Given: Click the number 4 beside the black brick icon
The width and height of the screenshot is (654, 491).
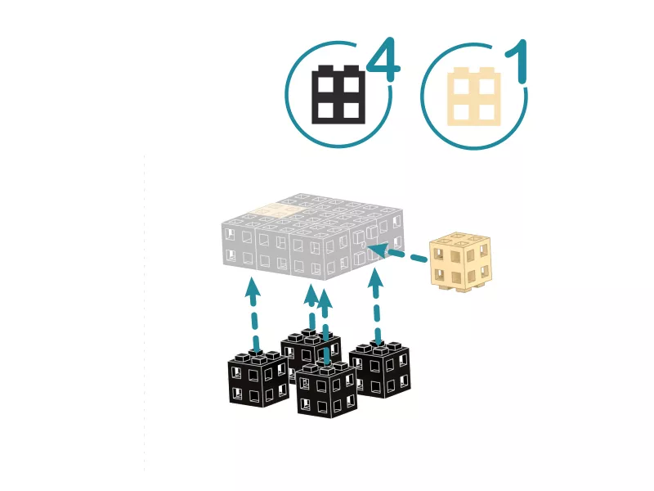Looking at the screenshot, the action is [x=383, y=59].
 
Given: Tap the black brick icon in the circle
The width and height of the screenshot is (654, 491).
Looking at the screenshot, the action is [x=338, y=94].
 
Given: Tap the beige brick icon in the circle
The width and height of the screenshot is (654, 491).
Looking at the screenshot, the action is [x=474, y=96].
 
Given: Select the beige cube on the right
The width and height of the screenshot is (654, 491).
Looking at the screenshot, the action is [x=460, y=262].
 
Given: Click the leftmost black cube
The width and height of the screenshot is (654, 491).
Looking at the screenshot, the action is [x=258, y=379].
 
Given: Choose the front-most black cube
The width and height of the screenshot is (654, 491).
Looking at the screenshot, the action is [x=327, y=390].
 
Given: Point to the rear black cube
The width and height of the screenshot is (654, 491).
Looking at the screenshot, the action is [x=311, y=349].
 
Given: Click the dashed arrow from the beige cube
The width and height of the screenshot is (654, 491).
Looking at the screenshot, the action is [x=397, y=254].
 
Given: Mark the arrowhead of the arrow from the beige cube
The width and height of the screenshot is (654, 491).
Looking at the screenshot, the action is [x=378, y=250].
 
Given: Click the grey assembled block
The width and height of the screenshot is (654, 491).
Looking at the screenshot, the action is [x=313, y=236].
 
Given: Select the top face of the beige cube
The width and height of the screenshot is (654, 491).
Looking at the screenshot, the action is [x=460, y=241].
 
